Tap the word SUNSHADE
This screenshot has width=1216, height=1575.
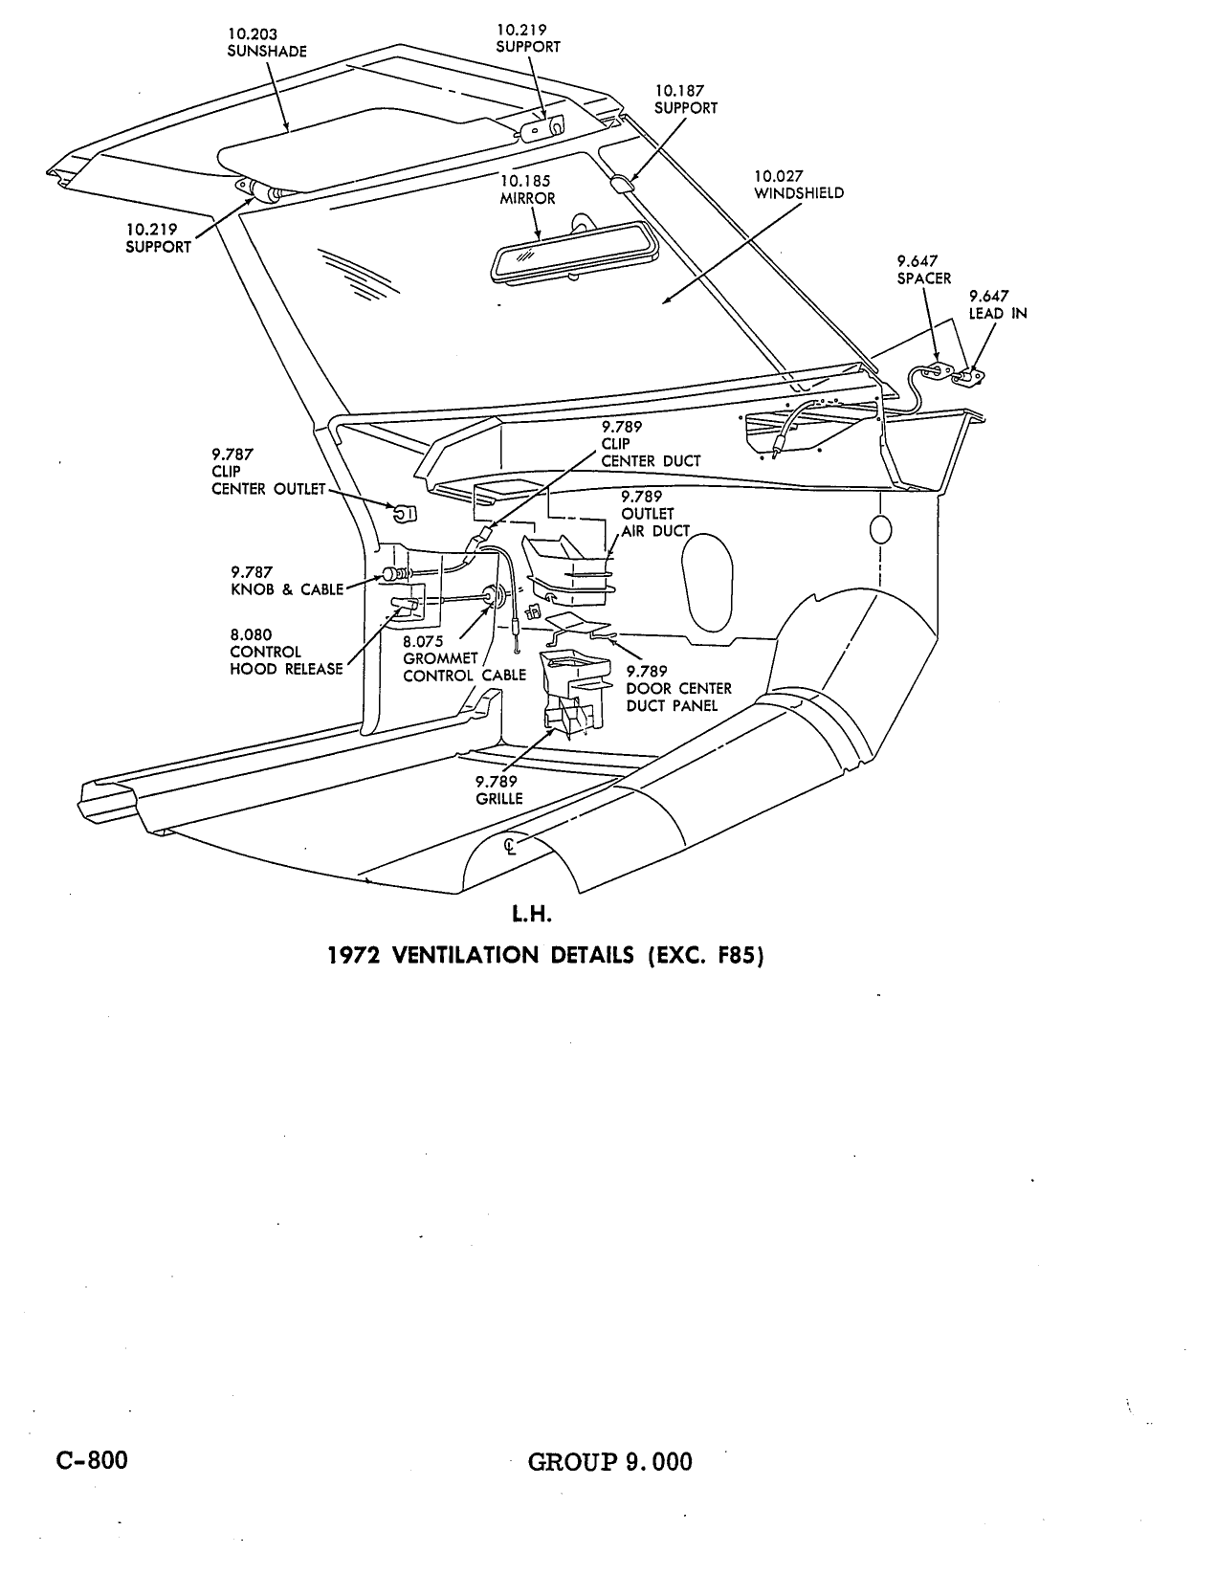pyautogui.click(x=267, y=52)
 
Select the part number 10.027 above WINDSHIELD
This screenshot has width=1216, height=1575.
pyautogui.click(x=779, y=176)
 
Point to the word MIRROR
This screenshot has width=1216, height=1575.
pyautogui.click(x=527, y=199)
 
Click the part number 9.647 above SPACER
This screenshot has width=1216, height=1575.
pyautogui.click(x=918, y=261)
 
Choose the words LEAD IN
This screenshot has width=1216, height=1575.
pyautogui.click(x=998, y=314)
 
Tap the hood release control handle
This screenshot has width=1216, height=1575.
pyautogui.click(x=405, y=606)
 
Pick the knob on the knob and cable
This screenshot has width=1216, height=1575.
pyautogui.click(x=392, y=575)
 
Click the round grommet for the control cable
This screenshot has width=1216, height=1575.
pyautogui.click(x=495, y=596)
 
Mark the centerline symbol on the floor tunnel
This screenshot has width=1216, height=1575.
pyautogui.click(x=512, y=846)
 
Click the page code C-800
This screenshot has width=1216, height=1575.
pyautogui.click(x=92, y=1459)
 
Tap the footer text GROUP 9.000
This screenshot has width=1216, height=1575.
pyautogui.click(x=610, y=1461)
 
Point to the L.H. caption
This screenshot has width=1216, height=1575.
pyautogui.click(x=532, y=914)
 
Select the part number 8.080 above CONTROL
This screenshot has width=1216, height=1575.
pyautogui.click(x=251, y=635)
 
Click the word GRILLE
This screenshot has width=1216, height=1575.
pyautogui.click(x=499, y=799)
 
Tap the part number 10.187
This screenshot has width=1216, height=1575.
pyautogui.click(x=679, y=91)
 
